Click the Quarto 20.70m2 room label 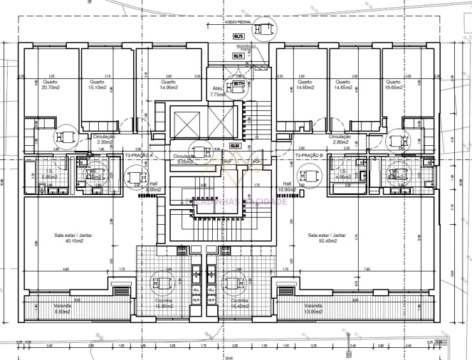pos(49,84)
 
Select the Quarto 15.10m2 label pos(97,84)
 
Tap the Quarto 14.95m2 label pos(169,84)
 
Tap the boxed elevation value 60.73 pos(239,36)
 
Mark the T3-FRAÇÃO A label pos(140,154)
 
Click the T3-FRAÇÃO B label pos(309,154)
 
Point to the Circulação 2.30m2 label pos(103,139)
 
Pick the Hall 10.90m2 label pos(288,187)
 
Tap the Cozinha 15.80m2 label pos(164,303)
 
